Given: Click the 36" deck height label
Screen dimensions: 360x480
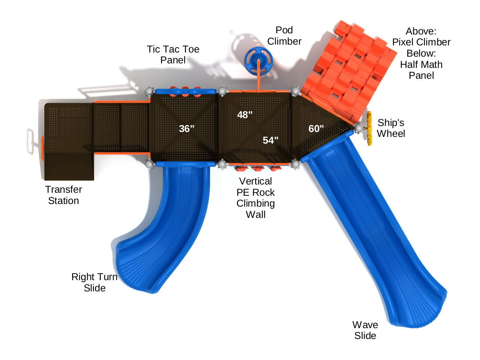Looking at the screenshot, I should pos(187,129).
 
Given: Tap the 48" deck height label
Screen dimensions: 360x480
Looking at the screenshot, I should pos(245,115).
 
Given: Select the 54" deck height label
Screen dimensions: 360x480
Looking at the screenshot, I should pos(270,140).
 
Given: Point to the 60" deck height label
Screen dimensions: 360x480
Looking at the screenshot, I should pos(316,129).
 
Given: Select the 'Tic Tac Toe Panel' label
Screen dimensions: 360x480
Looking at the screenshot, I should pos(173,54).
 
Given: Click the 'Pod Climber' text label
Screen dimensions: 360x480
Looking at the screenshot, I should pos(284,36).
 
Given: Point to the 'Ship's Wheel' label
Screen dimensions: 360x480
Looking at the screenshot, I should pos(391,128).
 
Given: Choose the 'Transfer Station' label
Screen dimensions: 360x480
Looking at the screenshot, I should pos(63,195).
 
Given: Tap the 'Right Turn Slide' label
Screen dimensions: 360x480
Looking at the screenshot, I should pos(94,282).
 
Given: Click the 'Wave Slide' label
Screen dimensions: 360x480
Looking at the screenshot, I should pos(365,330).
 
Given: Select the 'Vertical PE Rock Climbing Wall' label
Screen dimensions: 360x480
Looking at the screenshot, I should pos(256,198).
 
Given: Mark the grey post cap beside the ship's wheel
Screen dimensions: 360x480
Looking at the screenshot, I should pos(359,128).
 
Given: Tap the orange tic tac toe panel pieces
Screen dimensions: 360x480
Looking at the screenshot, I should pos(185,91).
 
